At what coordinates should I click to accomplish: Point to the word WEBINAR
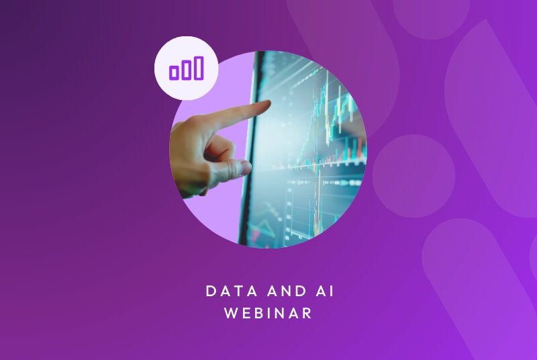click(x=268, y=314)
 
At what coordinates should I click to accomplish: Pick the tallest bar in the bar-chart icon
click(x=198, y=68)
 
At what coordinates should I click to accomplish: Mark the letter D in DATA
click(x=210, y=291)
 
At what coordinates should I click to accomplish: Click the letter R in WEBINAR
click(x=307, y=314)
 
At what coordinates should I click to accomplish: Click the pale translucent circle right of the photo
click(x=413, y=176)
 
